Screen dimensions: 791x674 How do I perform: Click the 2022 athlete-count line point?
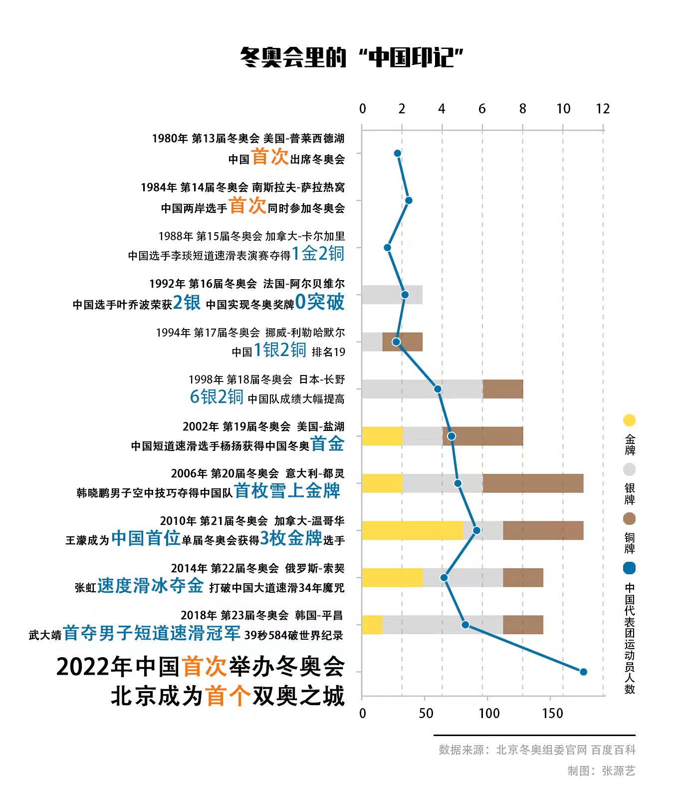[x=583, y=672]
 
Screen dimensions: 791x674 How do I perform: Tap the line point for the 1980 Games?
[x=398, y=153]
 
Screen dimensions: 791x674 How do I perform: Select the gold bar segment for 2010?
[x=412, y=530]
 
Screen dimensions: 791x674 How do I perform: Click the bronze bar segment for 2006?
[x=533, y=483]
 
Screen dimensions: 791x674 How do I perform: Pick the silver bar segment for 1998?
[x=422, y=389]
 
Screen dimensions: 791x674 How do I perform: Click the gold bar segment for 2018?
[x=372, y=625]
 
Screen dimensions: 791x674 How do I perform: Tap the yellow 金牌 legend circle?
[x=630, y=420]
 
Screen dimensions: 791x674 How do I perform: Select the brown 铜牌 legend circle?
[x=630, y=519]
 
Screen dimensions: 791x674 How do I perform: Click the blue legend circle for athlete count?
[x=630, y=568]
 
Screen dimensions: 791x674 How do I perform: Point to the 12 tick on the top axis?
[x=603, y=109]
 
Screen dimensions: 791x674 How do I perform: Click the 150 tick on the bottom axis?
[x=552, y=713]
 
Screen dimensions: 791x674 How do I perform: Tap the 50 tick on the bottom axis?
[x=426, y=713]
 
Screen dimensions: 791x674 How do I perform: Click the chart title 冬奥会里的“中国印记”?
[x=352, y=57]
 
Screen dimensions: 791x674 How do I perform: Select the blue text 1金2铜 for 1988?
[x=318, y=254]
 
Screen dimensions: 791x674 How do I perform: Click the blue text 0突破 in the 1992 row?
[x=320, y=302]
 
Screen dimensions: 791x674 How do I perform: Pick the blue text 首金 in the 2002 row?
[x=327, y=444]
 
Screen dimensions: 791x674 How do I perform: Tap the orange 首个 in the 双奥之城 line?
[x=227, y=696]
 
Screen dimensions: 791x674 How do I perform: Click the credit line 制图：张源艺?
[x=601, y=771]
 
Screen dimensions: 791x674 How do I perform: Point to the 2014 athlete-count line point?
[x=444, y=578]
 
